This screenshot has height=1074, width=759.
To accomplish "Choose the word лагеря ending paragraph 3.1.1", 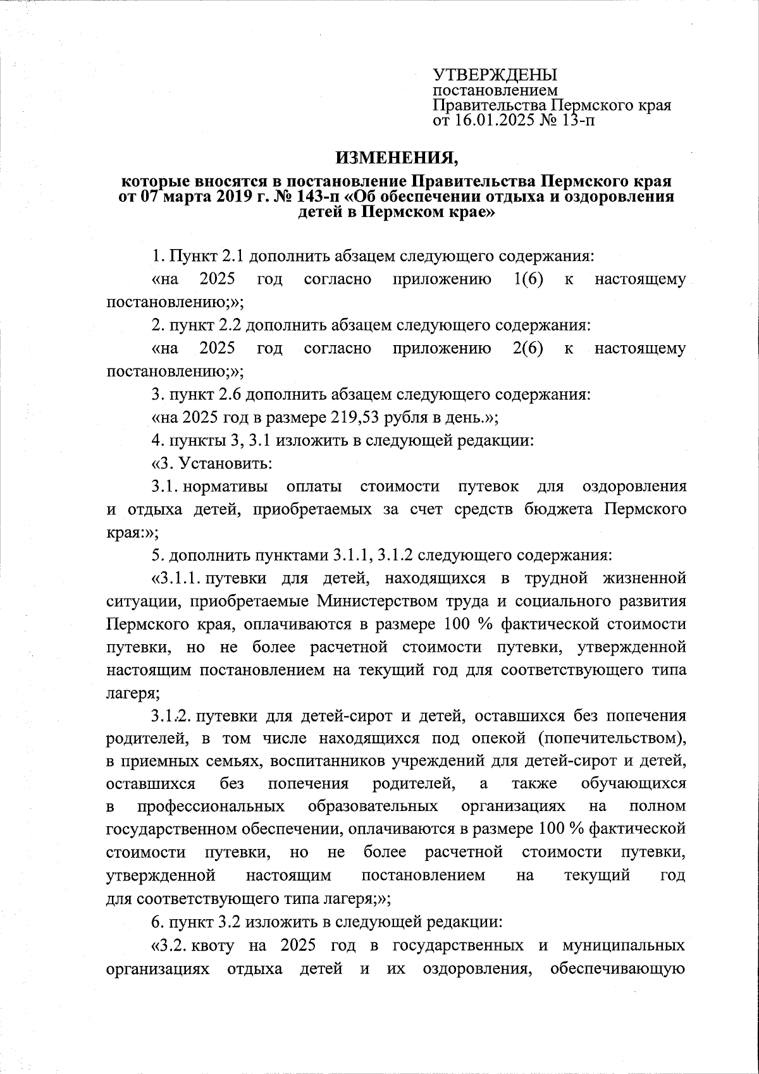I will tap(131, 692).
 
